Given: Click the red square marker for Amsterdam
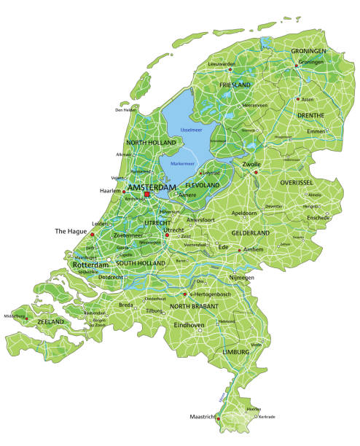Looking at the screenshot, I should click(147, 195).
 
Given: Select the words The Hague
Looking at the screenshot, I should click(70, 231).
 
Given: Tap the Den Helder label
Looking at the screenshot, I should click(125, 110).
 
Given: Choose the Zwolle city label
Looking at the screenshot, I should click(252, 165).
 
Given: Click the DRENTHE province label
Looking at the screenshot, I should click(311, 115).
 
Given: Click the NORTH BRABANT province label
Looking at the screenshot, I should click(194, 307).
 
